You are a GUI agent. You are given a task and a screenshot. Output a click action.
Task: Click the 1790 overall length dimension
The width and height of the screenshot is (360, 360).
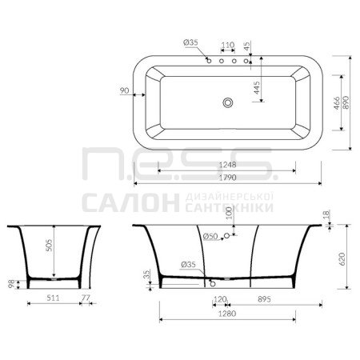coord(227,178)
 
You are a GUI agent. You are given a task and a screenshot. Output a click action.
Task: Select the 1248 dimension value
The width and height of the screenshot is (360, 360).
coord(227,165)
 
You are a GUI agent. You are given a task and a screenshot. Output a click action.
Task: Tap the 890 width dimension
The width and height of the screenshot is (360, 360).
coord(346,102)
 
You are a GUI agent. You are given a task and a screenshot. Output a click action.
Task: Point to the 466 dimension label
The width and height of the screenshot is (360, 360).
coord(337,103)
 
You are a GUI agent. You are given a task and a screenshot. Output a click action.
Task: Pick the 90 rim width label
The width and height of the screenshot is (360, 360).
coord(124,90)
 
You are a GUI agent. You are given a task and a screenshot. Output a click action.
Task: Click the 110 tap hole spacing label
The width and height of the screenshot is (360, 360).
coord(228,45)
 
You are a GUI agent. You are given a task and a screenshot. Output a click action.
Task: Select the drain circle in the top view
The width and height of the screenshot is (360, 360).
coord(228,102)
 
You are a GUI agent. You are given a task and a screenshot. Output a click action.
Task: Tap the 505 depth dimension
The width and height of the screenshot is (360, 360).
coord(49,246)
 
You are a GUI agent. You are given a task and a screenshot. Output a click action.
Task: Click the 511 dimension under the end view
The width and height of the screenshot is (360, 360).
coord(53,298)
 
